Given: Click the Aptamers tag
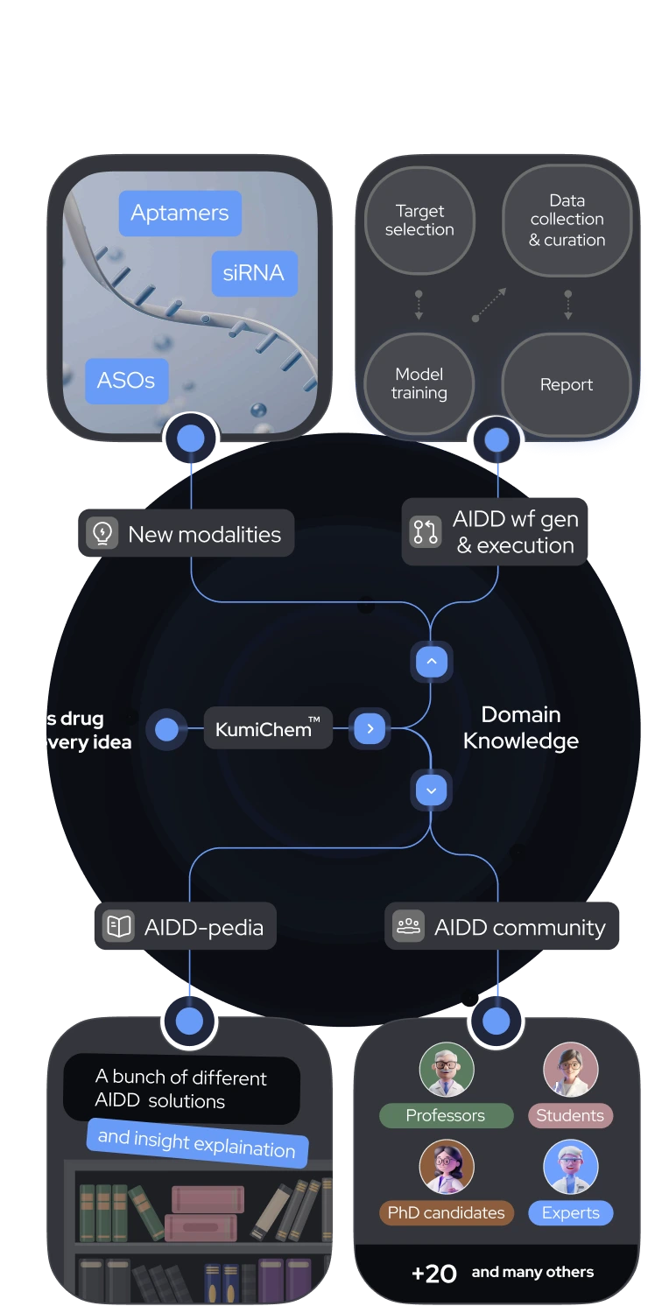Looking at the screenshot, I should (x=180, y=213).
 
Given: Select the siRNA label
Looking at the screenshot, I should (x=253, y=273).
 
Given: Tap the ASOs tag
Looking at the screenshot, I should (x=126, y=381).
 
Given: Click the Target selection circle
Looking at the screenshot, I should (x=419, y=221).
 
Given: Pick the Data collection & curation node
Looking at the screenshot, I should (x=567, y=221).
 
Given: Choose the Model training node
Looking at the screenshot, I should (x=419, y=384).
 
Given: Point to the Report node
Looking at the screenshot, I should (x=567, y=384).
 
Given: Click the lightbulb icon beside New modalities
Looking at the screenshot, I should (x=102, y=533).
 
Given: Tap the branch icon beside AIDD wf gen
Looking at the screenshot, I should (x=426, y=532).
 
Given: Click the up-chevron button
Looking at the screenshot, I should (x=431, y=663).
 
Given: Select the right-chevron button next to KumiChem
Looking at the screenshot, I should (x=370, y=728).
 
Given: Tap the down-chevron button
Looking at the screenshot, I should (x=431, y=790).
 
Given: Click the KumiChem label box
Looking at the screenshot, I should (x=268, y=728).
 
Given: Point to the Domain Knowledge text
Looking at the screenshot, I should (x=520, y=727).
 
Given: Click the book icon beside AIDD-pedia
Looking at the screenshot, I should (x=117, y=926).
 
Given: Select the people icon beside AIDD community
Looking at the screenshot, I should (x=408, y=926).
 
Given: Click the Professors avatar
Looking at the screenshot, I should (x=447, y=1069).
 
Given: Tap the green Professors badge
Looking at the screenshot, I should (x=446, y=1115).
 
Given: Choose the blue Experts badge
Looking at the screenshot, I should (x=570, y=1212).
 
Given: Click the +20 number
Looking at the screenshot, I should (x=434, y=1274).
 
